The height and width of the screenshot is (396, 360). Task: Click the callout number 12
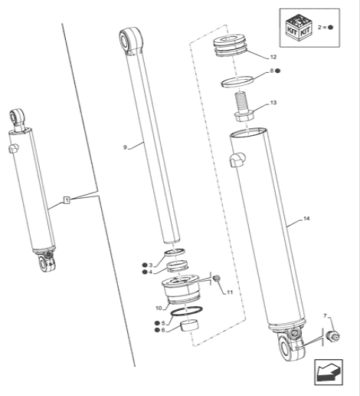(273, 58)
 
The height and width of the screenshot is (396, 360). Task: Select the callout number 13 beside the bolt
(273, 102)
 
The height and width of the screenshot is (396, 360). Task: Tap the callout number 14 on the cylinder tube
(306, 220)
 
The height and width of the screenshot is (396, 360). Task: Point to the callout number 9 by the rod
(124, 144)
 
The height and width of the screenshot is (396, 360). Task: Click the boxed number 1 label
(67, 200)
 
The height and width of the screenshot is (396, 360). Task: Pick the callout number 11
(226, 292)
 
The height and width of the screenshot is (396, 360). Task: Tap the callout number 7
(324, 315)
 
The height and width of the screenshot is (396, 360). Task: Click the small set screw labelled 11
(215, 277)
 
